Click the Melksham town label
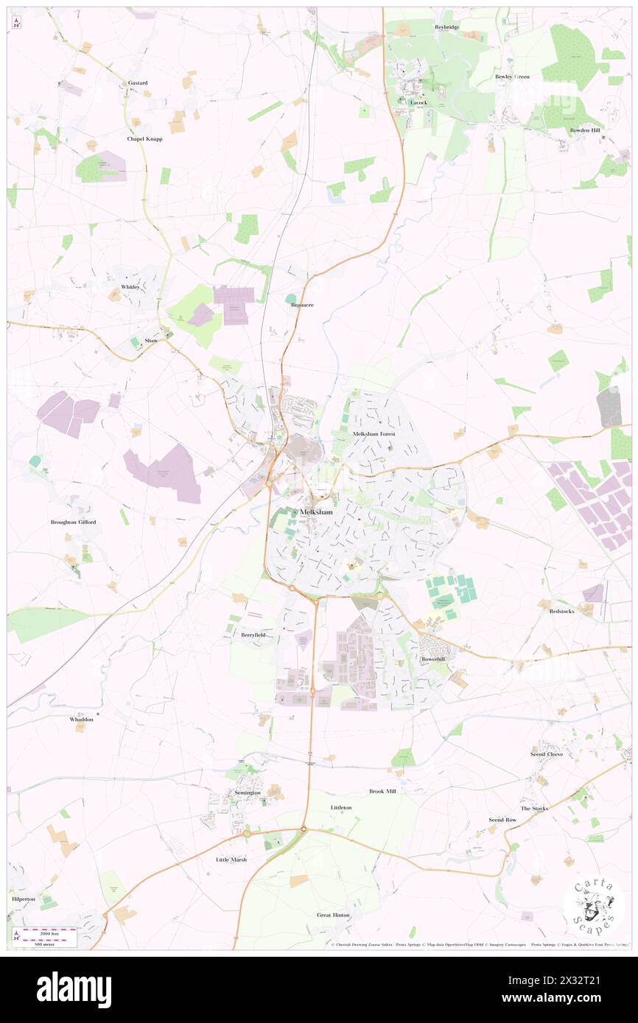(x=315, y=512)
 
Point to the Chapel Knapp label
(x=144, y=138)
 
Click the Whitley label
(x=130, y=286)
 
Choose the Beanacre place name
(x=302, y=304)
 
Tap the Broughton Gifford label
(x=73, y=522)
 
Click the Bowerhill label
(x=433, y=659)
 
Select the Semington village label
(x=248, y=793)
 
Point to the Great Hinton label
(x=333, y=915)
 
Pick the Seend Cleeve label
(x=547, y=754)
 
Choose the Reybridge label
(x=446, y=27)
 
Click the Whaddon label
(x=82, y=719)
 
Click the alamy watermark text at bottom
(x=74, y=988)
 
